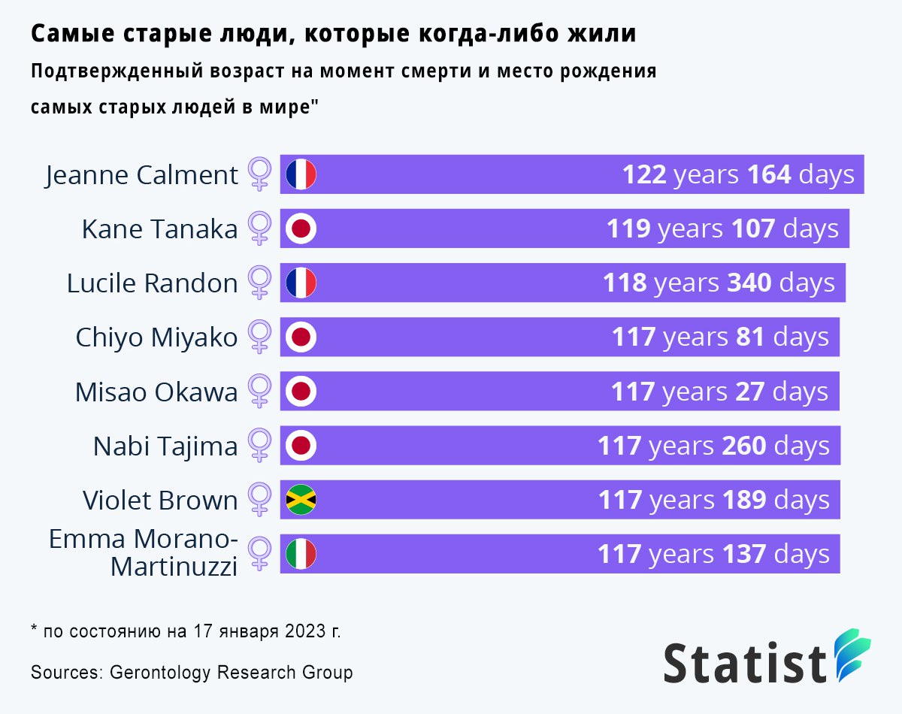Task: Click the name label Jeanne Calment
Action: tap(141, 175)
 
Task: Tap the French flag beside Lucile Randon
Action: tap(301, 283)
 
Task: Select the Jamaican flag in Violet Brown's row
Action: tap(301, 500)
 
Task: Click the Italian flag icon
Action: tap(301, 554)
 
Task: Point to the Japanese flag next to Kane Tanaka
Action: tap(301, 228)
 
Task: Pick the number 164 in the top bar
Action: tap(769, 175)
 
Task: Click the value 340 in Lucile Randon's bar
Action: tap(749, 283)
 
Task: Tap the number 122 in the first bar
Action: tap(644, 175)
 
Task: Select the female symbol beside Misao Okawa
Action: tap(259, 392)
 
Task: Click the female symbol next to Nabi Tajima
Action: tap(259, 446)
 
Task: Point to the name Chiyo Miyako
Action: tap(156, 337)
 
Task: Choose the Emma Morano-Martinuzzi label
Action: tap(143, 552)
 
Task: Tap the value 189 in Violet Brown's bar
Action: tap(744, 500)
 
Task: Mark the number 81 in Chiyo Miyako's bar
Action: tap(750, 337)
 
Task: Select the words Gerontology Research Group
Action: tap(231, 672)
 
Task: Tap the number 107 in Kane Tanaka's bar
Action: tap(753, 228)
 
